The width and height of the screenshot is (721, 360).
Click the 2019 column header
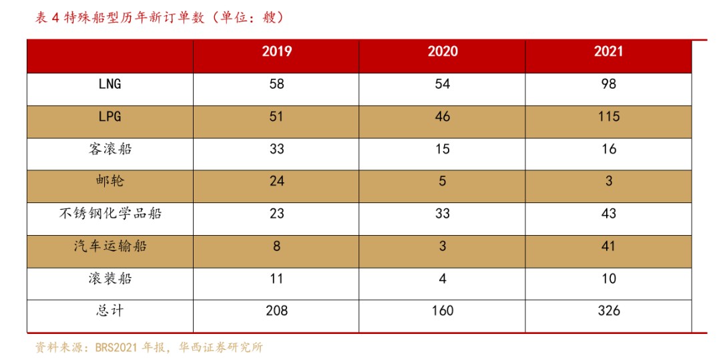click(276, 51)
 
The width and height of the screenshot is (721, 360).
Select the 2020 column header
click(443, 51)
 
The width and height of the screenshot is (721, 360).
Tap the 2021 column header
click(608, 51)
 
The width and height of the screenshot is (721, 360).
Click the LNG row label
click(110, 84)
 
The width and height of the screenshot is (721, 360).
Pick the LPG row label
click(110, 117)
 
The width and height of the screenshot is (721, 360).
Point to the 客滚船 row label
click(110, 149)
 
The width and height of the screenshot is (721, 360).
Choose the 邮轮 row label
click(110, 181)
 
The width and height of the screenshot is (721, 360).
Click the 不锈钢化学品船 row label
click(110, 214)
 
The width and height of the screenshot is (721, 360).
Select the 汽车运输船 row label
click(110, 246)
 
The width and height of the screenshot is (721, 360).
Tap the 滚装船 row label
click(110, 279)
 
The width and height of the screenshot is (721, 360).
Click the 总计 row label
click(110, 311)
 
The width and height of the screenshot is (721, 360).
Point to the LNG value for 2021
click(608, 84)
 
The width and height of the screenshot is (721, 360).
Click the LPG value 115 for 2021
click(608, 117)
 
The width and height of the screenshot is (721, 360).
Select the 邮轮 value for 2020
click(443, 182)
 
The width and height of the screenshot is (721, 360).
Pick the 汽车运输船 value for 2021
click(608, 246)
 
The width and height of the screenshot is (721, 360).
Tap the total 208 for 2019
click(276, 311)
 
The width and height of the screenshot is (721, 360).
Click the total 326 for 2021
click(608, 311)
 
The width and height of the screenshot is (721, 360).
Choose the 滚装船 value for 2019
click(276, 279)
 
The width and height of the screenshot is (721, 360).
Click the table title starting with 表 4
click(159, 18)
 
